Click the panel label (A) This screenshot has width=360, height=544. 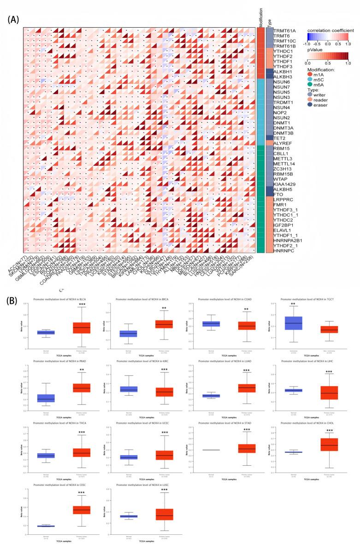[x=14, y=20]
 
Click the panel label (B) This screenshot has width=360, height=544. [x=14, y=300]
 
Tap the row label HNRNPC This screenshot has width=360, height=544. [x=285, y=250]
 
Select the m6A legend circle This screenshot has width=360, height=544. [x=311, y=88]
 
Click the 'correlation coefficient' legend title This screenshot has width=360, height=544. [x=331, y=30]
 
